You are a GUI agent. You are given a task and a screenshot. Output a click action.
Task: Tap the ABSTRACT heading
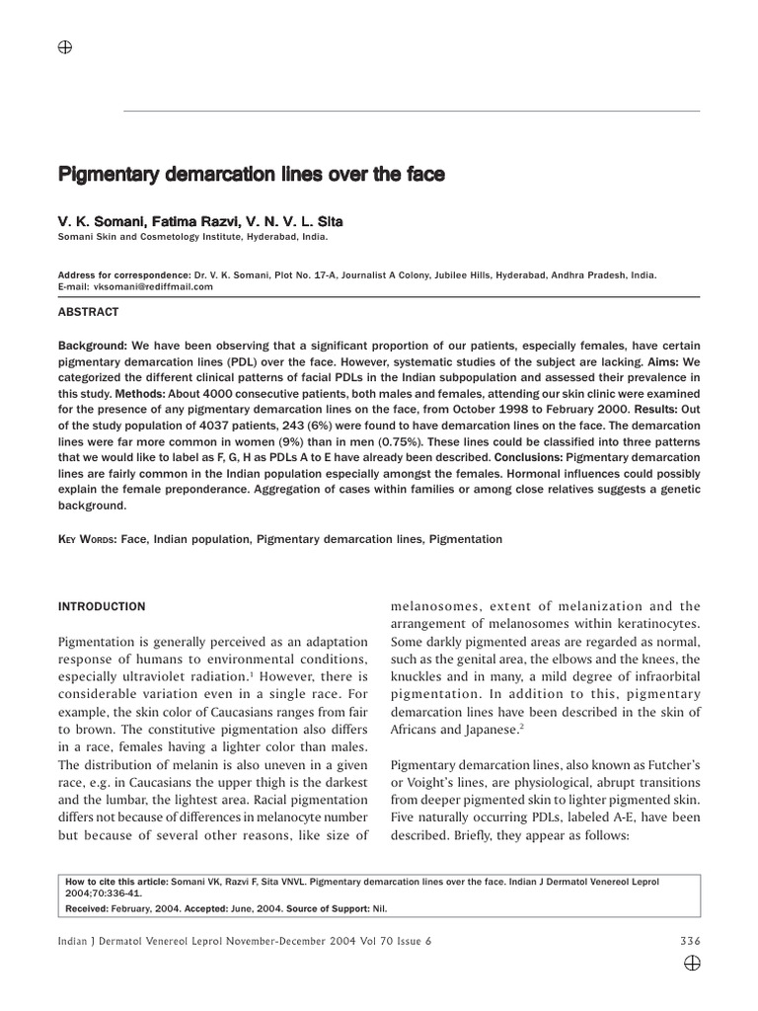(91, 312)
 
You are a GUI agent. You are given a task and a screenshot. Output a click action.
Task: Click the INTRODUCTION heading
(104, 606)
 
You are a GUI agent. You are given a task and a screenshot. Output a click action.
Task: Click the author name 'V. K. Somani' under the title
(96, 222)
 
